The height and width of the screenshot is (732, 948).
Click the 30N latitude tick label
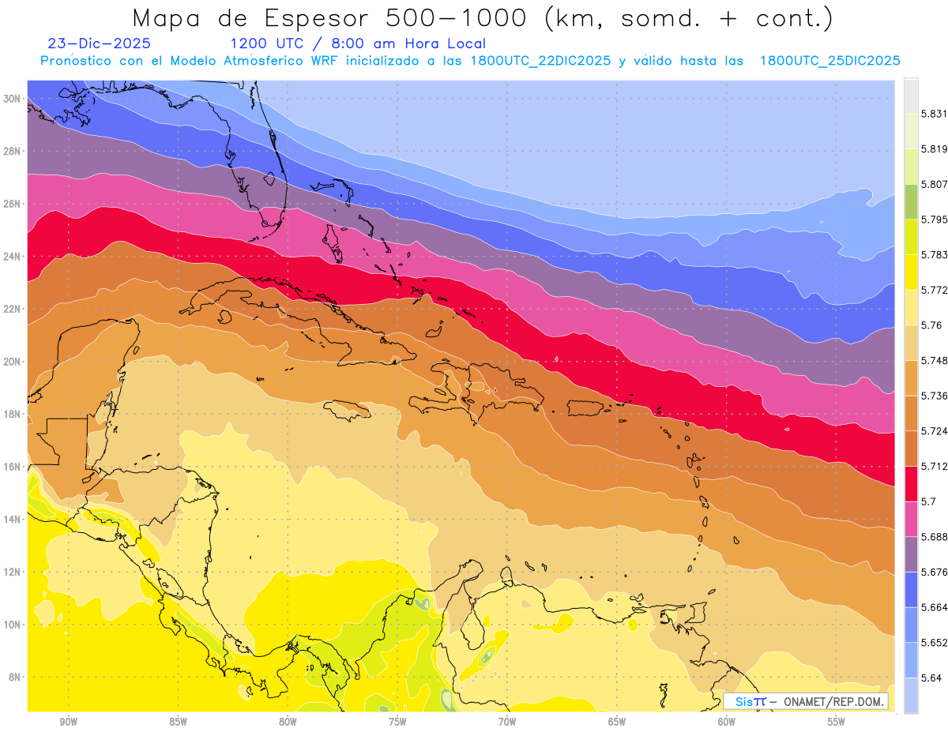click(x=13, y=99)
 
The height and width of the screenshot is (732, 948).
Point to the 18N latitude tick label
click(x=13, y=414)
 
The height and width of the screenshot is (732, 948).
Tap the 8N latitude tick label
click(x=15, y=677)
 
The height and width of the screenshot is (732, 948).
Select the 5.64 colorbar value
click(x=930, y=678)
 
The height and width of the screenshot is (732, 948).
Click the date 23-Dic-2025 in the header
click(x=99, y=43)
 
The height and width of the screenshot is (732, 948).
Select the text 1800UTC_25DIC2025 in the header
click(x=829, y=61)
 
